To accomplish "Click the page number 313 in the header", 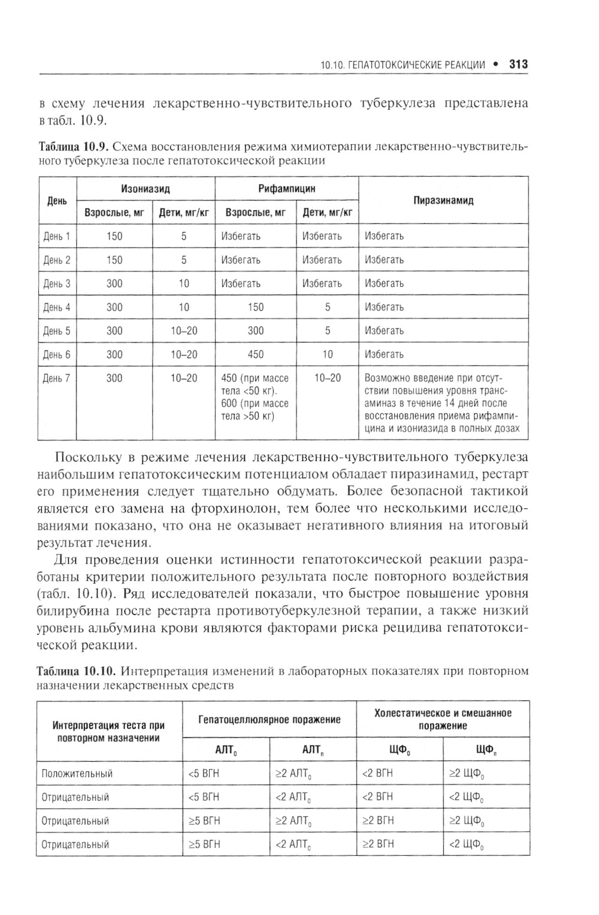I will point(518,64).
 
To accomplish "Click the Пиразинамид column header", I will point(443,201).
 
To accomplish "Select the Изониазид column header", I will point(146,189).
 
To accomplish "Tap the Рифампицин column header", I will point(286,189).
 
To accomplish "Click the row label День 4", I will point(57,307).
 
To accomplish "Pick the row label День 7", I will point(57,378).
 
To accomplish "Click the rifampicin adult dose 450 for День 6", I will point(255,355).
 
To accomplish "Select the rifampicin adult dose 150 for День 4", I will point(255,307).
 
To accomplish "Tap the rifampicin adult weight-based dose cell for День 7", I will point(255,396).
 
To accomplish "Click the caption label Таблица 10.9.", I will point(73,147).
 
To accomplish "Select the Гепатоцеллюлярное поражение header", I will point(270,719).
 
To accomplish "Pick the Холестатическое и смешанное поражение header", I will point(443,719).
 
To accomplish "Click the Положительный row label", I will point(77,774).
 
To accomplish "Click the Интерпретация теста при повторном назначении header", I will point(109,732).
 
